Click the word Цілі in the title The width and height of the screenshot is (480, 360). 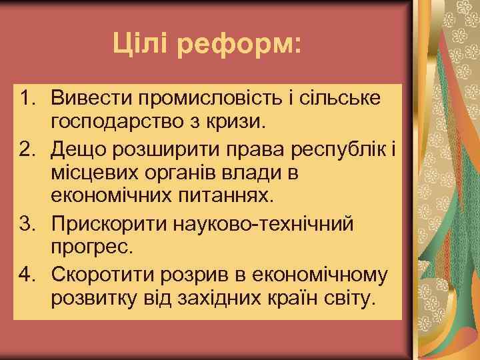(139, 45)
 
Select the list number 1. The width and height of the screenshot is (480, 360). (28, 98)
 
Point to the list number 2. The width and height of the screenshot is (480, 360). (28, 147)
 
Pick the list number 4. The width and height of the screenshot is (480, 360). (28, 273)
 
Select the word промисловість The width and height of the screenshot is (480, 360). (217, 99)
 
